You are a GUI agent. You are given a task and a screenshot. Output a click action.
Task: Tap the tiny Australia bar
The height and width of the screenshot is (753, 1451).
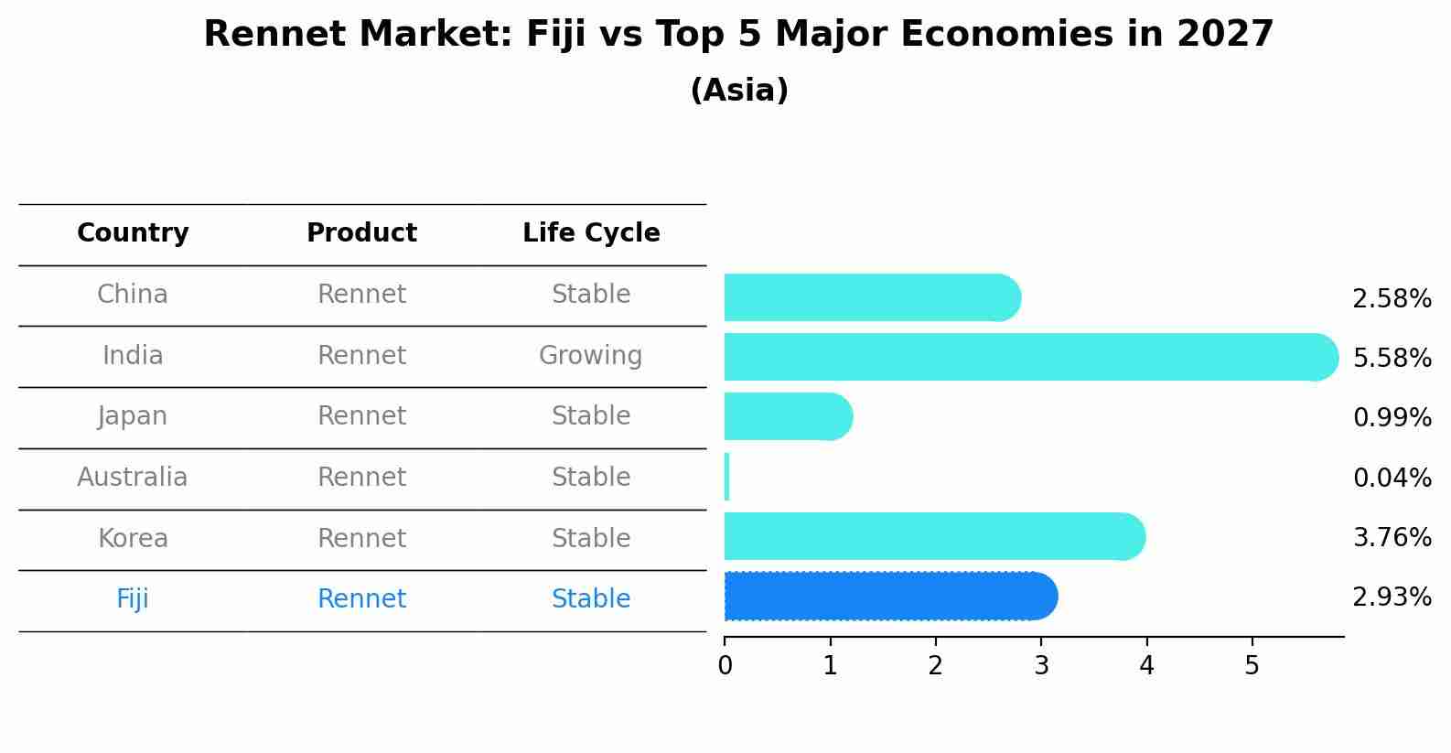point(726,477)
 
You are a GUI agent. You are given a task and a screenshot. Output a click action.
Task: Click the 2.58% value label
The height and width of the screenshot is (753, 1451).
point(1392,299)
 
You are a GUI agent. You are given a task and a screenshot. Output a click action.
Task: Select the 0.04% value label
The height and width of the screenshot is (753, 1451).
point(1392,478)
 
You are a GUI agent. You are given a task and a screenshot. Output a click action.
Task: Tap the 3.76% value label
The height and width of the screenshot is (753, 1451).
point(1392,537)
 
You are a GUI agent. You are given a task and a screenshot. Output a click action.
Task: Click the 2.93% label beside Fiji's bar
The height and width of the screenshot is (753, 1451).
point(1392,597)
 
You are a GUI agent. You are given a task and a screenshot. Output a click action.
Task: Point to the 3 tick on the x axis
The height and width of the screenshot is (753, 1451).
point(1041,666)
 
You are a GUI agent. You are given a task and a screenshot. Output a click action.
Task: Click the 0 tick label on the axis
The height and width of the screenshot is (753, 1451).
point(725,666)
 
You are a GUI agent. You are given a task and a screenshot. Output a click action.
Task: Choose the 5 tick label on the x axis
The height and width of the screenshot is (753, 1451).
point(1252,666)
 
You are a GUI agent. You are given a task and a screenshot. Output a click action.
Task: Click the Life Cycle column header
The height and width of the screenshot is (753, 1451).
point(591,233)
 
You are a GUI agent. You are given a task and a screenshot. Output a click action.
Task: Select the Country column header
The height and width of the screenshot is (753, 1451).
point(133,233)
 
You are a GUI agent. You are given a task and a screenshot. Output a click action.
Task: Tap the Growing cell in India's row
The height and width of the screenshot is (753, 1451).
point(591,355)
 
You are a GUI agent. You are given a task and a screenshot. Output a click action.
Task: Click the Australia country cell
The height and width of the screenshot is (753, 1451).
point(133,477)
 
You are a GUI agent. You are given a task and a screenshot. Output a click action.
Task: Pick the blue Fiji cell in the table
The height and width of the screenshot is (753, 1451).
point(133,598)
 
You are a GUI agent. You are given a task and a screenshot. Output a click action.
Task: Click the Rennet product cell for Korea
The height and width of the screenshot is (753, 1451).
point(361,538)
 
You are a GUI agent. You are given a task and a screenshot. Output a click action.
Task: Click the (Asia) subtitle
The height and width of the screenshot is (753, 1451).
point(739,91)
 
